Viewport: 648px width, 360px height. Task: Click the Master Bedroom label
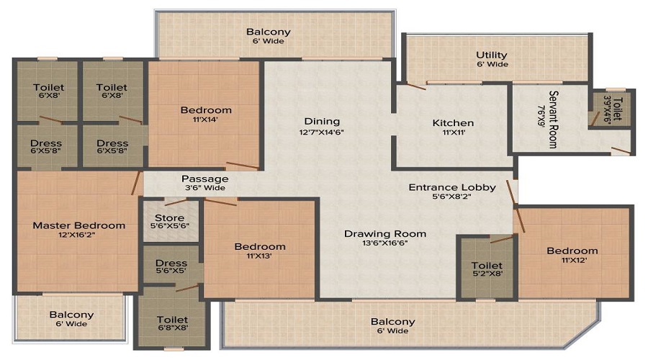[79, 225]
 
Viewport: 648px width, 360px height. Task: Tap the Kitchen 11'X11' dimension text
[454, 132]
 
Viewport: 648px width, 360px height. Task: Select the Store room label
[169, 218]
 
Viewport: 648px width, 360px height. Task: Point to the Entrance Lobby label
[452, 188]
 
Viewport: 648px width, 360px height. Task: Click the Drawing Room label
[385, 234]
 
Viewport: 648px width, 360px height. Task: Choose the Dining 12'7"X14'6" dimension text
[322, 132]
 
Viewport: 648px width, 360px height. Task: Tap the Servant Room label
[553, 120]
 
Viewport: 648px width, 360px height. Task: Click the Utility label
[491, 55]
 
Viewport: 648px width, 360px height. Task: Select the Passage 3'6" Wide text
[205, 183]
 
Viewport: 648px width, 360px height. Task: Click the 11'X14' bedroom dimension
[205, 120]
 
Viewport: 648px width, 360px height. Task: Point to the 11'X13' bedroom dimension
[259, 256]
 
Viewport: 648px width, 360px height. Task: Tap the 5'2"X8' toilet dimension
[487, 274]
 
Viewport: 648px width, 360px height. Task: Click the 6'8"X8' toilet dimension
[173, 328]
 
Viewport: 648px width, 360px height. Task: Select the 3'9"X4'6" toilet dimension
[608, 109]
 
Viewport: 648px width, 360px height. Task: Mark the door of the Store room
[176, 202]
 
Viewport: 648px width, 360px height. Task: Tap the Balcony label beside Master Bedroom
[71, 315]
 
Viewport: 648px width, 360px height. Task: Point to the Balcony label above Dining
[269, 32]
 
